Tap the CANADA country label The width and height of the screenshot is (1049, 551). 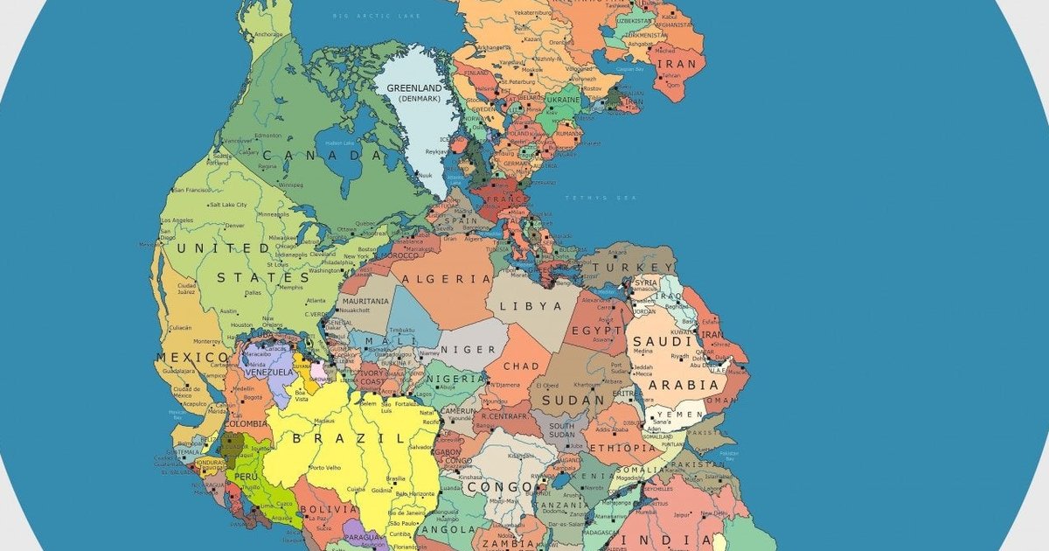tap(322, 156)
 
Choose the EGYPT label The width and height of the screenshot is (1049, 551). tap(596, 331)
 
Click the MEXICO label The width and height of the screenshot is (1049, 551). tap(192, 358)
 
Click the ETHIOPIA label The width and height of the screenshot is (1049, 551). tap(622, 448)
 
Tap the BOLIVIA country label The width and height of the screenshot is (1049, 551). tap(328, 508)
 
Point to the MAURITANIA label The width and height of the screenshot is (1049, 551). tap(365, 302)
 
